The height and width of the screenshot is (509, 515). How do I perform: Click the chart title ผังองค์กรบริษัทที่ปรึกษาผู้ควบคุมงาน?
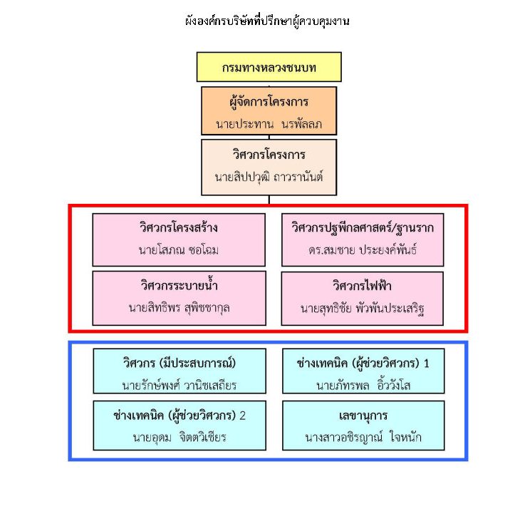click(x=266, y=21)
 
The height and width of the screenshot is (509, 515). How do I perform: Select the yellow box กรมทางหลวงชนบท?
click(x=269, y=68)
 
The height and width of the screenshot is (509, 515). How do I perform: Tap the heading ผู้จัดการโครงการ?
click(x=269, y=101)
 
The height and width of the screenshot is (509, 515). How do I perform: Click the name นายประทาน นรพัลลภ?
click(x=269, y=124)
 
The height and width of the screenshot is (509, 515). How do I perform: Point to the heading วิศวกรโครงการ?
click(x=269, y=154)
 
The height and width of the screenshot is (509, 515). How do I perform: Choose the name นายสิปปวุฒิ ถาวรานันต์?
click(x=269, y=176)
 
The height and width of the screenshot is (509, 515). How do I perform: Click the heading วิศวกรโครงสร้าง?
click(x=179, y=228)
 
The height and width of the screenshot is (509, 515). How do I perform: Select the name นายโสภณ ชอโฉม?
click(x=179, y=251)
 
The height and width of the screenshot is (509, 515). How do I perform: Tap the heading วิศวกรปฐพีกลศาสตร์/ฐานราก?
click(x=363, y=228)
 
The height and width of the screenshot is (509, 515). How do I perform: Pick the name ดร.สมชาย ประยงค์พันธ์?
click(x=363, y=251)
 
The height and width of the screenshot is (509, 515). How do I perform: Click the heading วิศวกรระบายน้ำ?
click(x=179, y=286)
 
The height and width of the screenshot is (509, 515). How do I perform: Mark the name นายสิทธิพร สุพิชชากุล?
click(x=179, y=309)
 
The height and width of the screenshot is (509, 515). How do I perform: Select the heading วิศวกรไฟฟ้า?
click(x=363, y=286)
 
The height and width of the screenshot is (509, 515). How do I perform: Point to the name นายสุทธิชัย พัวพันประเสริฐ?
click(x=363, y=309)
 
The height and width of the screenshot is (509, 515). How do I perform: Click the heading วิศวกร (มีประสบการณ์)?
click(x=179, y=362)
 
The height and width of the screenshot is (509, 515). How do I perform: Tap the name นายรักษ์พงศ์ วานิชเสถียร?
click(x=179, y=386)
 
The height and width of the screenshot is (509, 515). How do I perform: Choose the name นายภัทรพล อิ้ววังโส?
click(x=363, y=386)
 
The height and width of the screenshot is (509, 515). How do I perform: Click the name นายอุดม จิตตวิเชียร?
click(x=179, y=437)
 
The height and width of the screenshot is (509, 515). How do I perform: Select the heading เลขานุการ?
click(x=363, y=414)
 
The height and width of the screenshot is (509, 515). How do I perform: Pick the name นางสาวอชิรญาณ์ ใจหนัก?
click(x=363, y=437)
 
